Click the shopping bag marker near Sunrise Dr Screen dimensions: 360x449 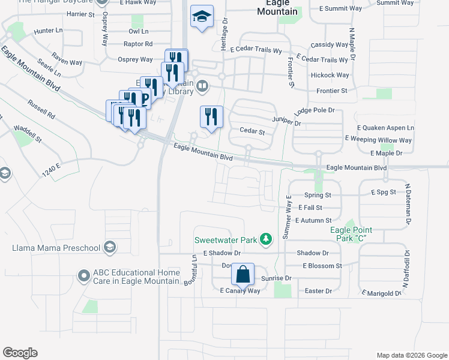pyautogui.click(x=243, y=274)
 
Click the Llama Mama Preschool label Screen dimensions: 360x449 pyautogui.click(x=56, y=248)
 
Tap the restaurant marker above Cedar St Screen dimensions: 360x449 pyautogui.click(x=211, y=116)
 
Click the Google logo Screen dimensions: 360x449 pyautogui.click(x=20, y=353)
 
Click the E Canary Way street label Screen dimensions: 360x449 pyautogui.click(x=240, y=290)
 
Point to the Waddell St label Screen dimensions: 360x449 pyautogui.click(x=28, y=133)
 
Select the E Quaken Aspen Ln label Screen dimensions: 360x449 pyautogui.click(x=385, y=128)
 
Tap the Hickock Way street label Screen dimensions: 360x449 pyautogui.click(x=330, y=75)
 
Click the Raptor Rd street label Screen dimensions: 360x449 pyautogui.click(x=137, y=44)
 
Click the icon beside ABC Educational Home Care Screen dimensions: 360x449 pyautogui.click(x=84, y=277)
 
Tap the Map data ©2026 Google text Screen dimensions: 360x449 pyautogui.click(x=412, y=355)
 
